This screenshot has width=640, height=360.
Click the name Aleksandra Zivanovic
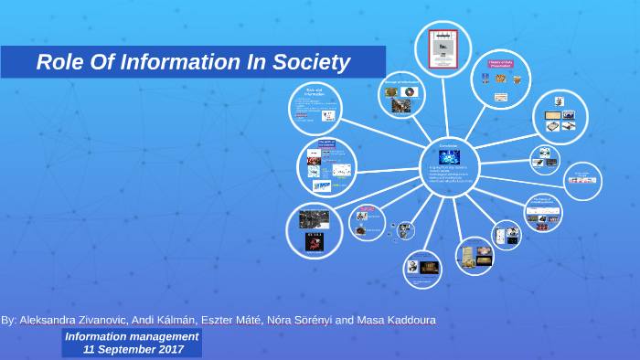[73, 320]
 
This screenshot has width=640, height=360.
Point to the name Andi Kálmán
[163, 320]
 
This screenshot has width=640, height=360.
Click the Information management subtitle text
[132, 336]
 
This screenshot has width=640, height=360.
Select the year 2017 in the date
[169, 349]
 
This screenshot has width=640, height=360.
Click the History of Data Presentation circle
[501, 80]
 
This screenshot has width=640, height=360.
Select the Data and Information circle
[315, 109]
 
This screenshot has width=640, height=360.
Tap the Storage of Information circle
[401, 96]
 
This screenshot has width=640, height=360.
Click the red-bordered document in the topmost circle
[443, 48]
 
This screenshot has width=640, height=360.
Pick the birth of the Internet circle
[326, 167]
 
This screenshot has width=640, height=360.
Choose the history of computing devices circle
[543, 213]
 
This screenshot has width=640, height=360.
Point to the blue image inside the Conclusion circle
[449, 157]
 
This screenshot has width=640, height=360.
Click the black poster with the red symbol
[314, 242]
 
